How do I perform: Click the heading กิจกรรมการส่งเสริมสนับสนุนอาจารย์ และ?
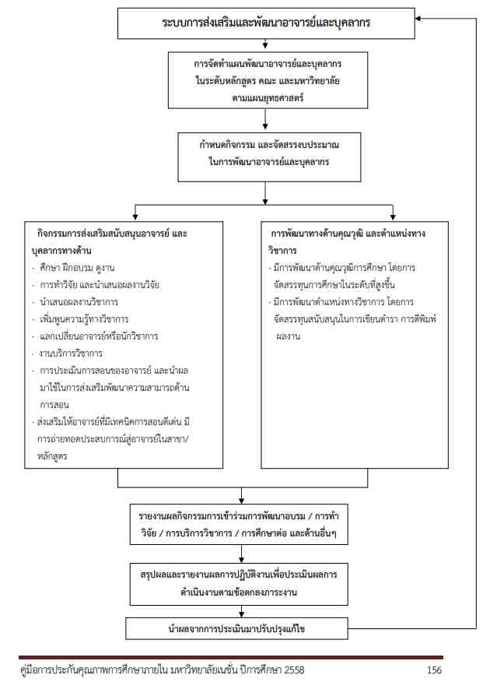coord(113,234)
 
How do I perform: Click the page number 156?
coord(436,670)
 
